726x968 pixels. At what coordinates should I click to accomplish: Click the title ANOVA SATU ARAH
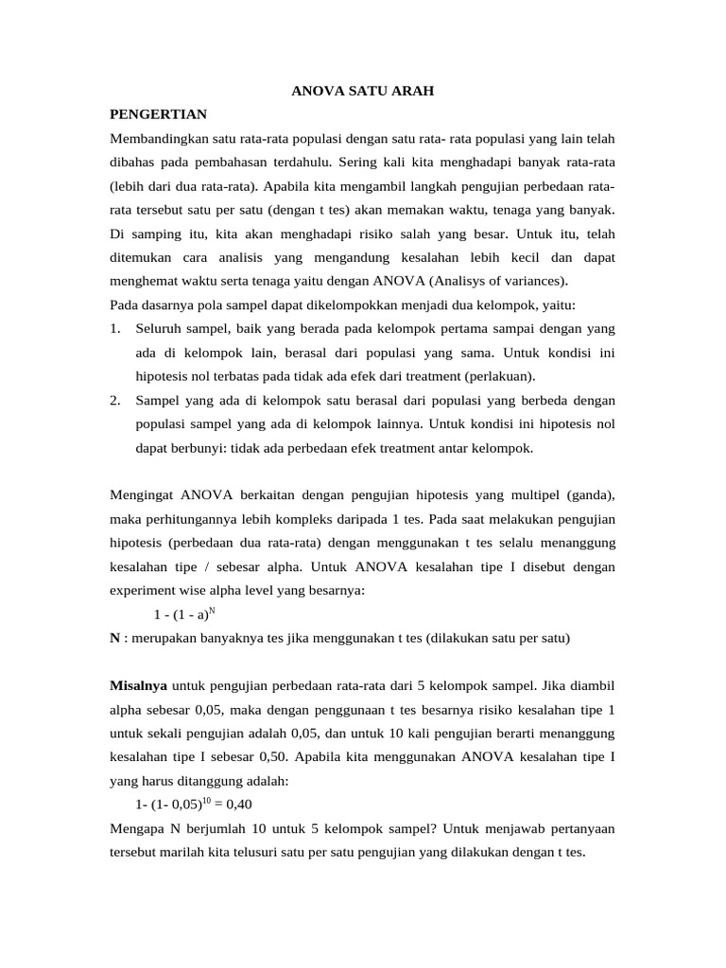(x=362, y=91)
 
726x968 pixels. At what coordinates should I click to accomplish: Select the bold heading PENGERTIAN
(x=158, y=114)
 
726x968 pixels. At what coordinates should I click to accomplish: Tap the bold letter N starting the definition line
(x=114, y=637)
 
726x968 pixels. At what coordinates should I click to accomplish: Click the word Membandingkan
(x=157, y=139)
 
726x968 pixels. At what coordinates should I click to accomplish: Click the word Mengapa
(x=136, y=828)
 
